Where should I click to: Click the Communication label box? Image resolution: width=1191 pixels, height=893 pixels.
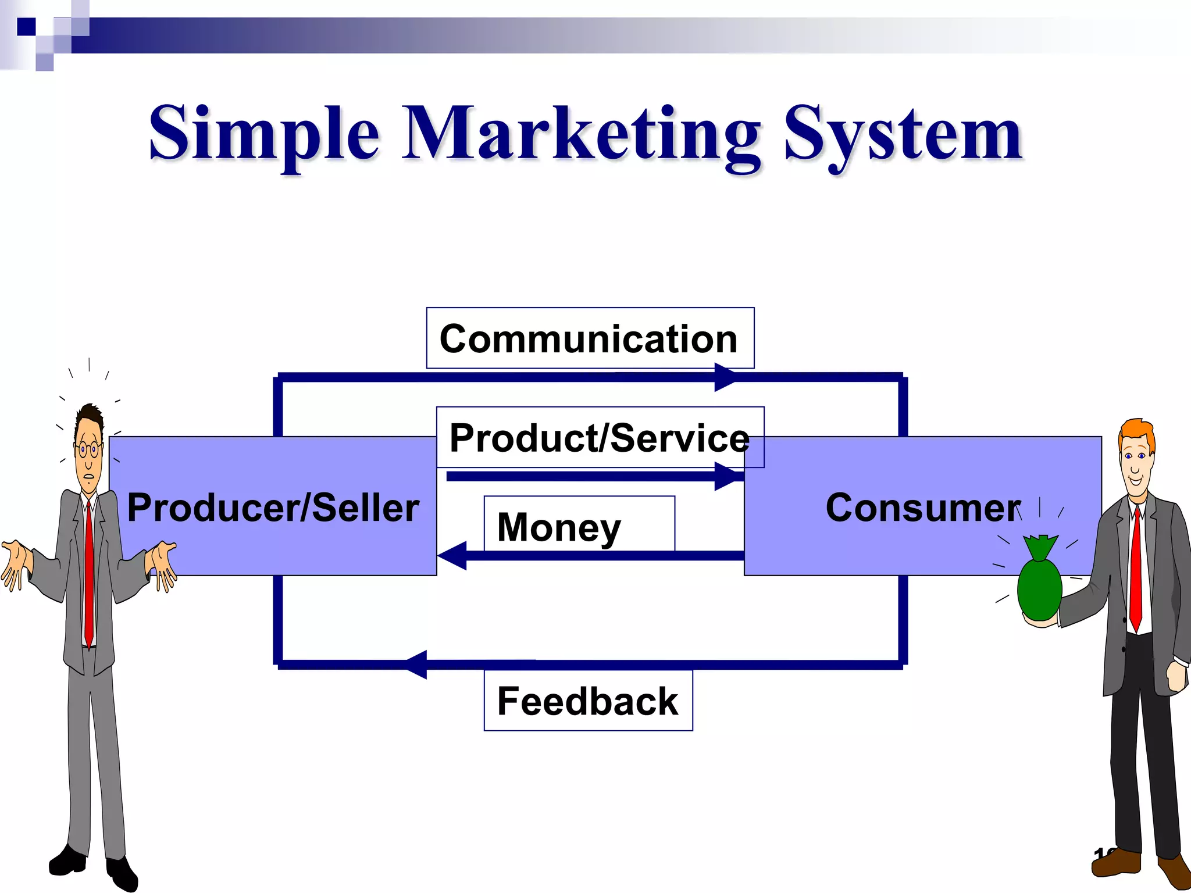click(590, 338)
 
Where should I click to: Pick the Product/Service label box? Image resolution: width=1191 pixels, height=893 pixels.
click(600, 437)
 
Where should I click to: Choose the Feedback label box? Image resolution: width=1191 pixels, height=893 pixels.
click(588, 701)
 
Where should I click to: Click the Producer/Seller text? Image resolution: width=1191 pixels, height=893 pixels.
click(273, 508)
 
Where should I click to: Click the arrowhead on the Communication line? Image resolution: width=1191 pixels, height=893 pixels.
click(726, 377)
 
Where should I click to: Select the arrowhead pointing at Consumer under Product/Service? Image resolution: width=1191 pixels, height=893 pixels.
click(727, 477)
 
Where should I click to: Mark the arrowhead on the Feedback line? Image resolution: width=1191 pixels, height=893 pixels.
click(417, 664)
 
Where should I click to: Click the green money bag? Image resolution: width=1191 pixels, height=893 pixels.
click(1040, 587)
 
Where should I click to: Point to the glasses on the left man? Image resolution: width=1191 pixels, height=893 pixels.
click(87, 449)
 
